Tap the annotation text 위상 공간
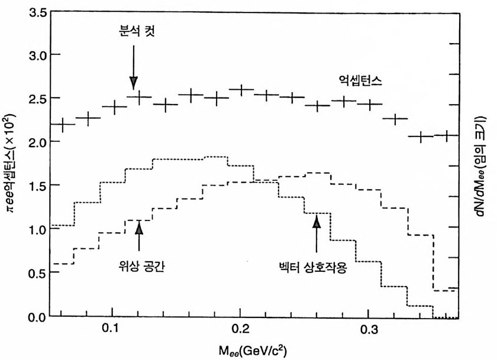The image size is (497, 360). (x=140, y=265)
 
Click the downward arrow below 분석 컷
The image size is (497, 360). (x=134, y=68)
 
